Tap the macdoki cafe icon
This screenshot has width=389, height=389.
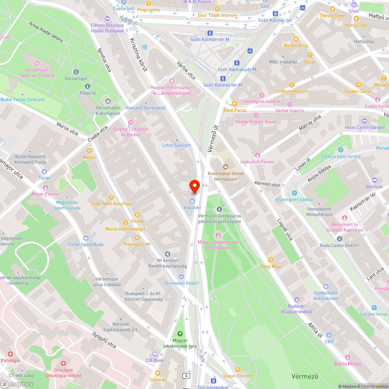click(192, 201)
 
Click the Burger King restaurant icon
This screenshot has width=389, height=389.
click(296, 39)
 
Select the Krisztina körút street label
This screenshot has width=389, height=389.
click(138, 54)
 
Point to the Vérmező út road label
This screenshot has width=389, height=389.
click(212, 138)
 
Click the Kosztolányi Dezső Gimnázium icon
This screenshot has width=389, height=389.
click(225, 167)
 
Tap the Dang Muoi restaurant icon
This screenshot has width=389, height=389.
click(271, 260)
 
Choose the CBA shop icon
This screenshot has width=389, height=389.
click(329, 335)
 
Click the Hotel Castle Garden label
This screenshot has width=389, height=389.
click(364, 128)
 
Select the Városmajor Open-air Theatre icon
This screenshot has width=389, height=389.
click(37, 63)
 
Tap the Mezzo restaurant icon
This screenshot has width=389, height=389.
click(89, 151)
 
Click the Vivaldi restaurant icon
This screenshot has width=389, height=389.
click(137, 214)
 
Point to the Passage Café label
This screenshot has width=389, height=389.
click(137, 244)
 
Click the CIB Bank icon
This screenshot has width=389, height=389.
click(155, 354)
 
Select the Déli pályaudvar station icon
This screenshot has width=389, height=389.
click(213, 380)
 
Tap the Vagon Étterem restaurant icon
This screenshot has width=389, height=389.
click(238, 369)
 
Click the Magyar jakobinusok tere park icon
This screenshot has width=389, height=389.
click(180, 334)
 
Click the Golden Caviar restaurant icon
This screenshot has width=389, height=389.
click(358, 84)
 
